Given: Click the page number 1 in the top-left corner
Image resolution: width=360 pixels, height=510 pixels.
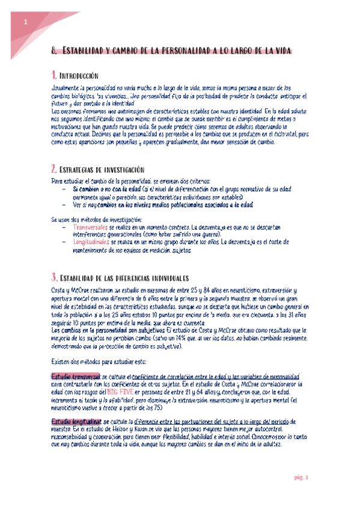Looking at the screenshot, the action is pyautogui.click(x=26, y=22).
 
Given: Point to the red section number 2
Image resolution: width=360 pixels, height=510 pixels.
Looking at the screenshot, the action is pyautogui.click(x=54, y=169).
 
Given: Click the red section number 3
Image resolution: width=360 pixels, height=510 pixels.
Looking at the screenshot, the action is pyautogui.click(x=54, y=278).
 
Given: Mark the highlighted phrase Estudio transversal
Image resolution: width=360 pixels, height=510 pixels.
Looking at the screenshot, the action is pyautogui.click(x=76, y=376).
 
